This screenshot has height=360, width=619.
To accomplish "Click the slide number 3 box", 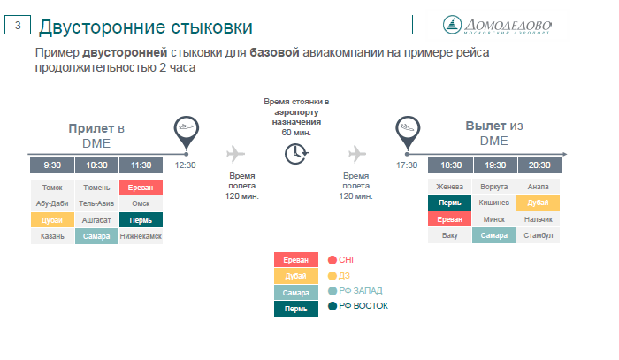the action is coord(18,25).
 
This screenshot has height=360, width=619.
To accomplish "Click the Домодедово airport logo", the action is coord(497,26).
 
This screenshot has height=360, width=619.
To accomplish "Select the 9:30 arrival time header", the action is coord(52,165).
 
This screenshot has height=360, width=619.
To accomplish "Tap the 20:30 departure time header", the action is coord(539,165).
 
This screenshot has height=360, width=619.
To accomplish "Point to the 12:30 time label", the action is coord(185,165).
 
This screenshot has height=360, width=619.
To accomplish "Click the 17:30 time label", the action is coord(407,165).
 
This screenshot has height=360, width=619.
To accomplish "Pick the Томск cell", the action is coord(52,188).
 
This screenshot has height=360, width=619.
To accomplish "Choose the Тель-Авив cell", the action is coord(96,203).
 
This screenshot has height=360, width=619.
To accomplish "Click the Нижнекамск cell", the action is coord(141,236).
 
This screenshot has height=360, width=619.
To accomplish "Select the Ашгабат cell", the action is coord(96,220).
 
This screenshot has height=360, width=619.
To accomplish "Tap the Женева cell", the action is coord(449,187).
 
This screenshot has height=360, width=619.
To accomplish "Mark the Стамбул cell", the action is coord(538,235).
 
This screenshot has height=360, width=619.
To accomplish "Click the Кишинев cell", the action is coord(493,203).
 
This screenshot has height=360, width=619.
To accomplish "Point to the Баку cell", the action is coord(449,235).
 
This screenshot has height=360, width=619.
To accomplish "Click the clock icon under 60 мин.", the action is coord(296,154).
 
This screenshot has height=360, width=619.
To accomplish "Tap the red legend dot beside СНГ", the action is coord(332,260).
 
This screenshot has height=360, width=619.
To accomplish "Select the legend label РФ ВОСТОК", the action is coord(363,306).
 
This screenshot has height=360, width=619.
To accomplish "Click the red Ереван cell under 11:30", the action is coord(141,188).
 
